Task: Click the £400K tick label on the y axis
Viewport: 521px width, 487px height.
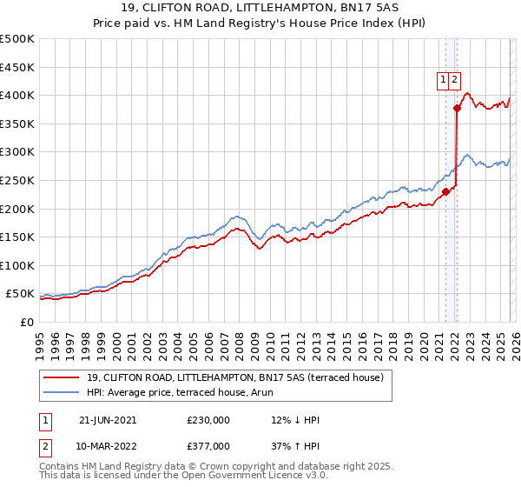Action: pos(17,95)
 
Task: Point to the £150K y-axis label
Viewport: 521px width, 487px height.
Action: pos(17,237)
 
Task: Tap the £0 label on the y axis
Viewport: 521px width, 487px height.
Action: pos(26,322)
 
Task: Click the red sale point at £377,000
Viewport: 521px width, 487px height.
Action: pos(457,109)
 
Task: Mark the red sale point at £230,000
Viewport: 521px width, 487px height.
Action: pos(445,191)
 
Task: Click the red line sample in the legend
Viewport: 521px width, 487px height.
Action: pos(61,377)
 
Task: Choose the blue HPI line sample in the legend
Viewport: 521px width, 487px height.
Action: pos(61,392)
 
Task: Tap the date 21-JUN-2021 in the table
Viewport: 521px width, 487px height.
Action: pos(108,420)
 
